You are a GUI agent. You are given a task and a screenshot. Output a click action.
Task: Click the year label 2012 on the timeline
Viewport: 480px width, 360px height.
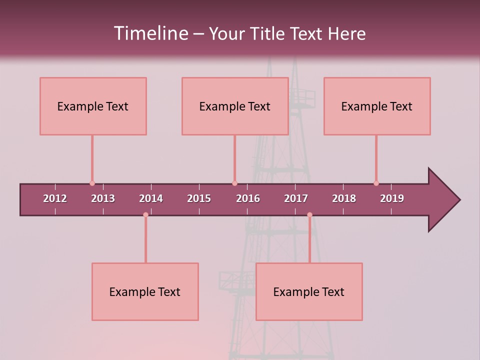(55, 198)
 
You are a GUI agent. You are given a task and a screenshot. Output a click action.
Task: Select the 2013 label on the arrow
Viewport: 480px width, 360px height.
(103, 198)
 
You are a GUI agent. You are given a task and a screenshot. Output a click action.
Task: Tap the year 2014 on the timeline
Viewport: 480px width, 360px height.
(151, 198)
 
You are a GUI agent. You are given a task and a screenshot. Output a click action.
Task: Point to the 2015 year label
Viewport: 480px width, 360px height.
(199, 198)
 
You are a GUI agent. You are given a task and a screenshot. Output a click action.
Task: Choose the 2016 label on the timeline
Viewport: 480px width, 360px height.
(248, 198)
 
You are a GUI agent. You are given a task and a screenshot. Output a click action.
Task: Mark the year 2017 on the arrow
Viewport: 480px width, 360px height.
(296, 198)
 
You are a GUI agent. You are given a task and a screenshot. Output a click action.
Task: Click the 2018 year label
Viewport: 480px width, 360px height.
(344, 198)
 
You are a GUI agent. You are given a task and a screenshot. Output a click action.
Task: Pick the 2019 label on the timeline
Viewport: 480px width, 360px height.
(392, 198)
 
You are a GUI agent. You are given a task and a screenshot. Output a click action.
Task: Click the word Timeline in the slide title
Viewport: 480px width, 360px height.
(150, 33)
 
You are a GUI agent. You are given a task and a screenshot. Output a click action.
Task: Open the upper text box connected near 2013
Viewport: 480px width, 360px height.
(93, 106)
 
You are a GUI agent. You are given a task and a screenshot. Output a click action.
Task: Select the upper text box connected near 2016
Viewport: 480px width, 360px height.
(235, 106)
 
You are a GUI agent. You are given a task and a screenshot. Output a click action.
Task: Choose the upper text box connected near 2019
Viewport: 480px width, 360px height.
(377, 106)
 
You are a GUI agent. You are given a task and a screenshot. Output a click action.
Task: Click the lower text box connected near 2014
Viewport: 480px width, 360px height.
(145, 291)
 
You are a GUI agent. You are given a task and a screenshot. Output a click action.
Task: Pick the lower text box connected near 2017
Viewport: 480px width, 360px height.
(309, 291)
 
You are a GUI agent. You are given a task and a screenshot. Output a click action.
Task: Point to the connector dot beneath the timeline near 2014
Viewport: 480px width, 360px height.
(145, 215)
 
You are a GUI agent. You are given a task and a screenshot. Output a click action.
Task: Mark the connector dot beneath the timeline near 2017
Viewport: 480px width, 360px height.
(309, 215)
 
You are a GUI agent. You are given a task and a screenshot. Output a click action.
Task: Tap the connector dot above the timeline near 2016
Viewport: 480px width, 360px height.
(234, 183)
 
